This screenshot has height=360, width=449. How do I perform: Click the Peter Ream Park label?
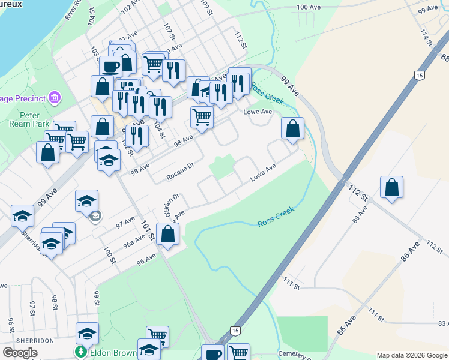pyautogui.click(x=25, y=119)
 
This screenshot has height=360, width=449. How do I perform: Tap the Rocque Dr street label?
pyautogui.click(x=181, y=172)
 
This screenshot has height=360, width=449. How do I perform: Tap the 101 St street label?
pyautogui.click(x=148, y=231)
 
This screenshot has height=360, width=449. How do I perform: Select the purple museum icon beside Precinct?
pyautogui.click(x=55, y=97)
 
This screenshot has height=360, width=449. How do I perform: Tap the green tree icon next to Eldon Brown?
pyautogui.click(x=79, y=352)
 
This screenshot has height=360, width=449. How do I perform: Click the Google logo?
pyautogui.click(x=20, y=353)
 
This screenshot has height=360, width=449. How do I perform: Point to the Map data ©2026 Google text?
pyautogui.click(x=411, y=355)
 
